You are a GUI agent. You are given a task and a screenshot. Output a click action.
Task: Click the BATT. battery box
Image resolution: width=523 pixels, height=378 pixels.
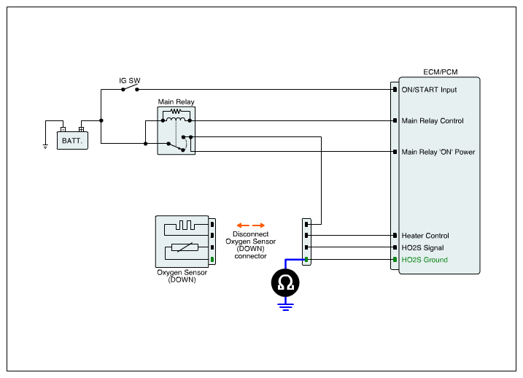pos(72,139)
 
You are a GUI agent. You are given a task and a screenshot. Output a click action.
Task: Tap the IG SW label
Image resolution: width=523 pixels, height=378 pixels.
pos(130,80)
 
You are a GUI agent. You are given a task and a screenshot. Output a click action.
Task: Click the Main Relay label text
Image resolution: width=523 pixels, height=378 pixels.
pos(176,102)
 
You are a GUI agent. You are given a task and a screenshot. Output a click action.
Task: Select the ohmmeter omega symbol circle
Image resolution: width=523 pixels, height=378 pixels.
pos(286,283)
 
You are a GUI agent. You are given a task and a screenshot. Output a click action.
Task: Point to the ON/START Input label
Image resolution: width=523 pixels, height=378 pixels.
pos(429,90)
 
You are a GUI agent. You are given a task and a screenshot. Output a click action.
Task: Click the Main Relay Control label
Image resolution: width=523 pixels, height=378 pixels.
pos(433,121)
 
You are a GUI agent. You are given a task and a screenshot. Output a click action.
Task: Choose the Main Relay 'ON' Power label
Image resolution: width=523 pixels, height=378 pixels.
pos(438,153)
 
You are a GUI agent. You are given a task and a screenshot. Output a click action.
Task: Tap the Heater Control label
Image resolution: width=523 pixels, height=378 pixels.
pos(425,236)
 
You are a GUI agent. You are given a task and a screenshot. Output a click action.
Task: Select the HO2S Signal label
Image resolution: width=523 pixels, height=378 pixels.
pos(424,248)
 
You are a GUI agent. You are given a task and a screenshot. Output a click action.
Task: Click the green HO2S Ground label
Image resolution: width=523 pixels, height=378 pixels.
pos(425,260)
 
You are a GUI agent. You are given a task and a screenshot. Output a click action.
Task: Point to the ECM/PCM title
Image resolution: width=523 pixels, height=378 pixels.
pos(441,72)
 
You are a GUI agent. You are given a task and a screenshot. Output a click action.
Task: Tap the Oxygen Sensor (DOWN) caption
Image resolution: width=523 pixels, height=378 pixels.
pos(182,276)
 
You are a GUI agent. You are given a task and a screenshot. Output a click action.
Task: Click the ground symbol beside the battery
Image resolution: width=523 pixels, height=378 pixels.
pos(45,145)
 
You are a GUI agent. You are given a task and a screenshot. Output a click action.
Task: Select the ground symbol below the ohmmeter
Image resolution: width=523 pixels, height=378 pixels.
pos(286,306)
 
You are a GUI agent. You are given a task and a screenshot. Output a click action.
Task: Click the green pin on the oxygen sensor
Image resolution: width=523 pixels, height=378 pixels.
pos(212,260)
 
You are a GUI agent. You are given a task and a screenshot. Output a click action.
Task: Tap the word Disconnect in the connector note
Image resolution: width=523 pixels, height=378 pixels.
pos(250,234)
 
